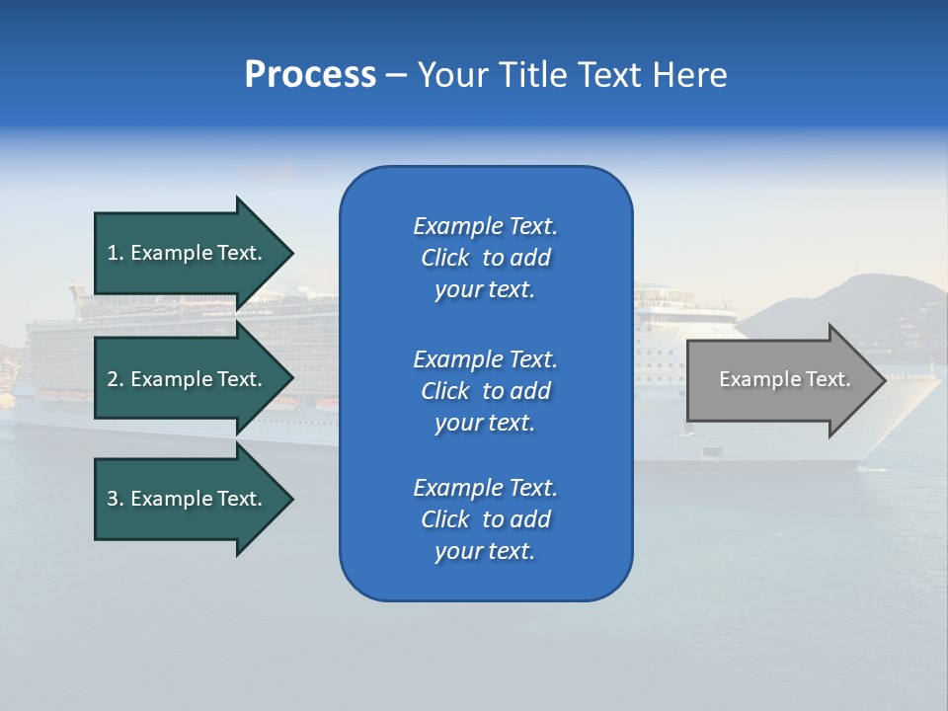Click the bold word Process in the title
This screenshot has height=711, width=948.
pyautogui.click(x=310, y=75)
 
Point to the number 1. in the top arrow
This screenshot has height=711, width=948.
pyautogui.click(x=116, y=253)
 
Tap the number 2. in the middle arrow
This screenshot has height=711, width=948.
pyautogui.click(x=116, y=379)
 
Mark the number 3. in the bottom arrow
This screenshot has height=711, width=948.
pyautogui.click(x=116, y=499)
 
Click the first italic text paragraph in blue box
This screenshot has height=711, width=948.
pyautogui.click(x=485, y=258)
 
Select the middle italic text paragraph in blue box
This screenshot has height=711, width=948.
pyautogui.click(x=485, y=391)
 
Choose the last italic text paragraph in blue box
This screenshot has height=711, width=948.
pyautogui.click(x=485, y=519)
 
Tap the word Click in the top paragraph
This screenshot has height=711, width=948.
pyautogui.click(x=445, y=258)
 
